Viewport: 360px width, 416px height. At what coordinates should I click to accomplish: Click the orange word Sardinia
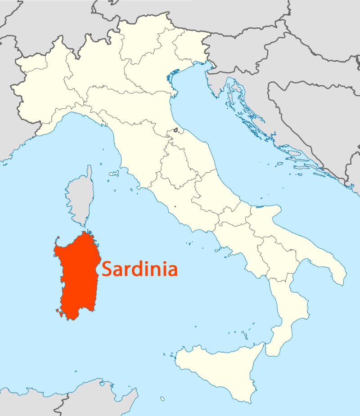[x=139, y=269]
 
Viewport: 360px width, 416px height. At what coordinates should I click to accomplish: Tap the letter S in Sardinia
[x=107, y=269]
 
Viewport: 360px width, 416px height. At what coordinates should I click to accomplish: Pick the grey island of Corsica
[x=80, y=198]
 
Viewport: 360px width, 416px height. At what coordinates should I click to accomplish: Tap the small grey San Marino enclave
[x=175, y=131]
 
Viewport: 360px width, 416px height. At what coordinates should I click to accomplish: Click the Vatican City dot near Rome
[x=175, y=207]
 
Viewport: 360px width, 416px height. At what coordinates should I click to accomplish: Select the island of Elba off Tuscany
[x=114, y=173]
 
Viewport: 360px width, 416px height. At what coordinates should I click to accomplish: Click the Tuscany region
[x=139, y=148]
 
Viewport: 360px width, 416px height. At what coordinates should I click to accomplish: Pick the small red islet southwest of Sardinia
[x=58, y=311]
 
